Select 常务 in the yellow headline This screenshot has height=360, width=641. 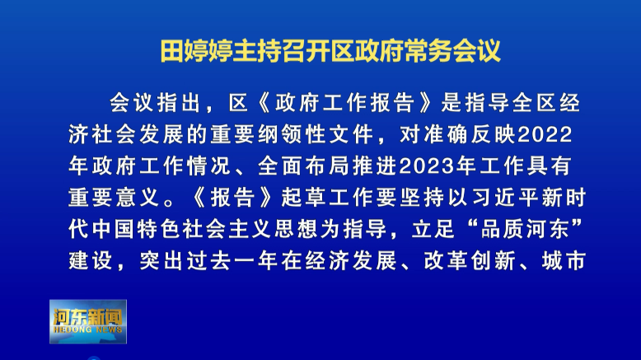pyautogui.click(x=428, y=51)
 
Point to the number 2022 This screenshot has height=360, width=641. pyautogui.click(x=545, y=134)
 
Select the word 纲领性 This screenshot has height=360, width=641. pyautogui.click(x=293, y=134)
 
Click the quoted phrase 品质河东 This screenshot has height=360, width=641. pyautogui.click(x=525, y=229)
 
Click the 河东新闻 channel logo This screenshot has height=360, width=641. pyautogui.click(x=88, y=321)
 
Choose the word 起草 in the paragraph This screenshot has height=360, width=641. pyautogui.click(x=305, y=198)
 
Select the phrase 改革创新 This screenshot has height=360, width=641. pyautogui.click(x=469, y=261)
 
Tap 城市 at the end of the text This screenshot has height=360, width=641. pyautogui.click(x=564, y=261)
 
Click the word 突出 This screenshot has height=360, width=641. pyautogui.click(x=162, y=261)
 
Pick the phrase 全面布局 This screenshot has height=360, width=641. pyautogui.click(x=305, y=166)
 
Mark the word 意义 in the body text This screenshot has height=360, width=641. pyautogui.click(x=138, y=198)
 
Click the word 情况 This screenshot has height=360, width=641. pyautogui.click(x=210, y=166)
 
